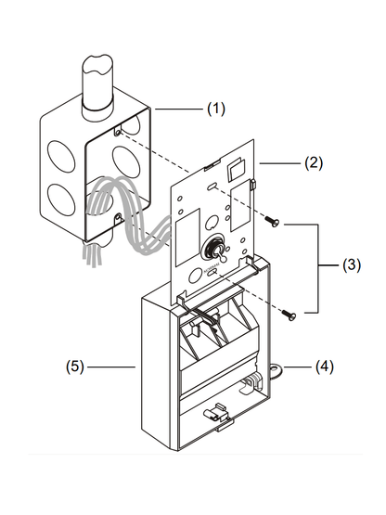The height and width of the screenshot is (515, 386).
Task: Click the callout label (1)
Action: point(216,109)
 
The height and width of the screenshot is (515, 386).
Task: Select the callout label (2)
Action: point(314,163)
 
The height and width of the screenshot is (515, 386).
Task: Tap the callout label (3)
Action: point(352,265)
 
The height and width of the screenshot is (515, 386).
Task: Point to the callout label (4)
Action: point(324,367)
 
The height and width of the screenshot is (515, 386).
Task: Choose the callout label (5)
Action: point(75,367)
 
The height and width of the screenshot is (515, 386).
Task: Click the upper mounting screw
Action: point(272,221)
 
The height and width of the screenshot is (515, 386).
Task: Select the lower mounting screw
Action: point(289,315)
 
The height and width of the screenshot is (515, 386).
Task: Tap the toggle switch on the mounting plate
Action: point(217,251)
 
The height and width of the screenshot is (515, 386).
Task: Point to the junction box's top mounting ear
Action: point(117,132)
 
